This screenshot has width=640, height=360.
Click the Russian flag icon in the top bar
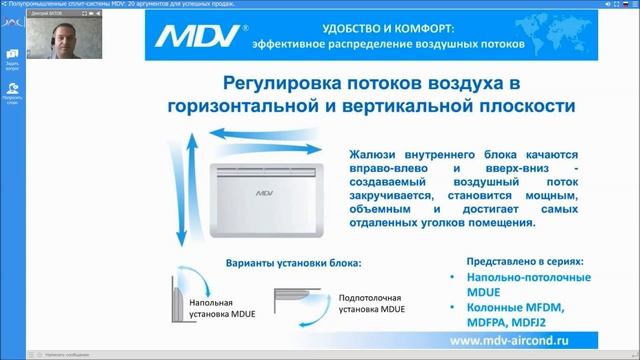[595, 5]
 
